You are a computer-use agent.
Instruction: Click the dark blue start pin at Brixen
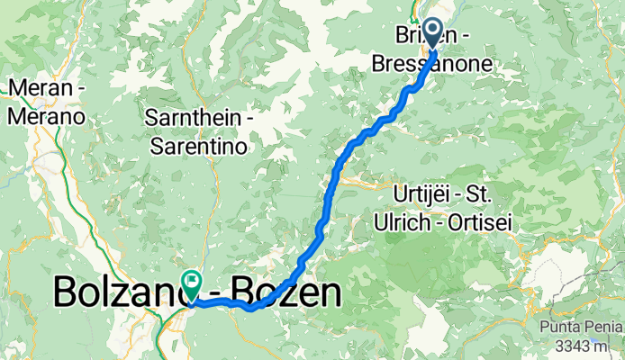[433, 33]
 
